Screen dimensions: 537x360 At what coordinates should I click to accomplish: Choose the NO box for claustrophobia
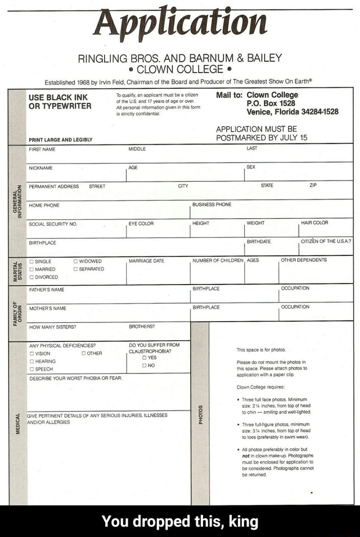coord(145,364)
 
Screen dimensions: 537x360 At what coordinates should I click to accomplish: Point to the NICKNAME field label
coord(41,168)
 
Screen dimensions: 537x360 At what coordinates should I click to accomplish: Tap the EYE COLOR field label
coord(141,223)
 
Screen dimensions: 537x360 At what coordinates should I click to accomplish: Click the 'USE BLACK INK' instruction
coord(58,97)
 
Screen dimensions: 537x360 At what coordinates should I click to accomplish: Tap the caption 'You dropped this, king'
coord(180,522)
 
